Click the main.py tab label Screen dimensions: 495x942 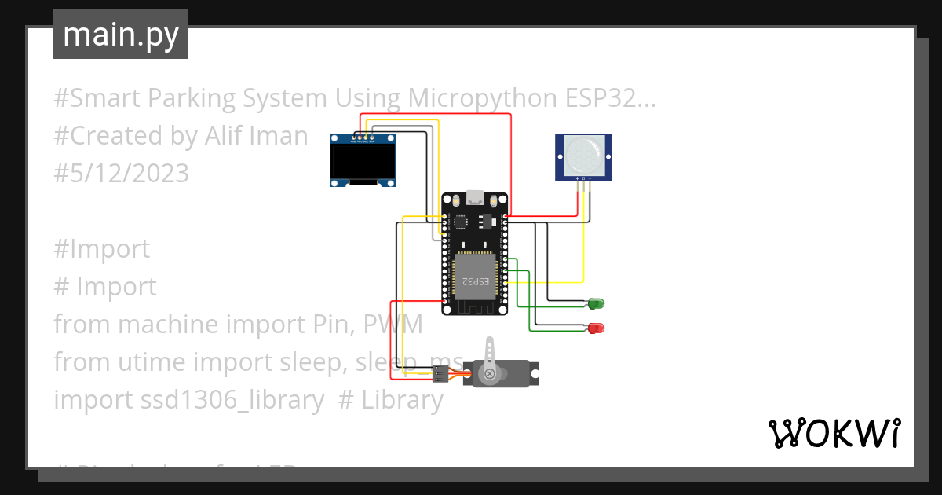[120, 35]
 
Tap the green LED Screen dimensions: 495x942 [596, 303]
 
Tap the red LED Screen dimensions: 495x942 [596, 328]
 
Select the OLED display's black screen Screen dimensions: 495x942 [362, 163]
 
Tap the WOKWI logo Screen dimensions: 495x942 [834, 433]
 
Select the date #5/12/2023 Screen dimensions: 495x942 [122, 173]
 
